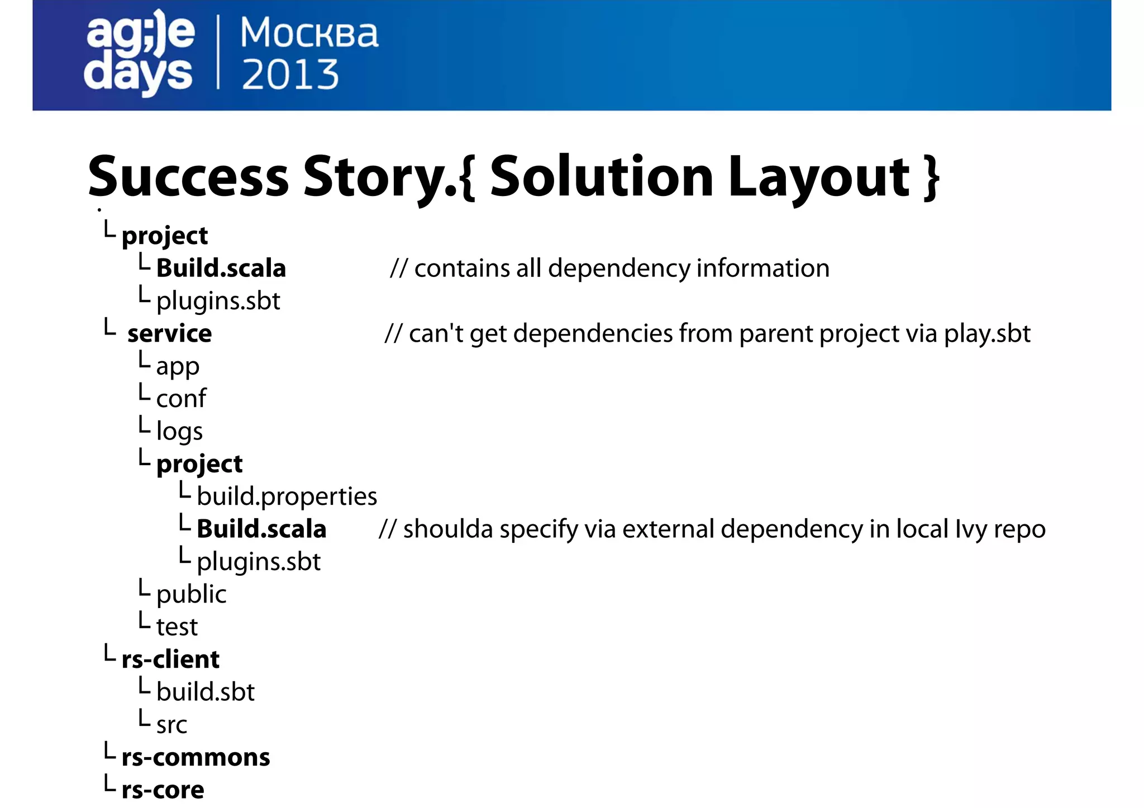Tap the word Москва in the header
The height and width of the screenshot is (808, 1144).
pos(309,34)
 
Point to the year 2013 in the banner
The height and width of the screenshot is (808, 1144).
pos(290,75)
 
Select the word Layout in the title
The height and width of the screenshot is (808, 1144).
pos(819,178)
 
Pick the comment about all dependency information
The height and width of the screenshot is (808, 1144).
pos(609,269)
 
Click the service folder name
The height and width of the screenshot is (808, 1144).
pos(169,334)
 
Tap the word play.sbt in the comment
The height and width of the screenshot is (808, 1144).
pos(986,334)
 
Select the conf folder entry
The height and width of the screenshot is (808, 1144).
pos(181,399)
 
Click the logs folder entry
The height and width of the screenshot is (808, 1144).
pos(179,432)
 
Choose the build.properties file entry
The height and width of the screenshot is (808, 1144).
pos(287,496)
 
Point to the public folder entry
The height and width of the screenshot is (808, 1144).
pos(191,594)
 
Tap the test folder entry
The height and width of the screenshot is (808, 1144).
pos(177,627)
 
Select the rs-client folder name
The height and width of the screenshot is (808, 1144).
pos(170,659)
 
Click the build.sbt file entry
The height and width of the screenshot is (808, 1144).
pos(205,692)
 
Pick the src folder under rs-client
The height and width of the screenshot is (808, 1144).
pos(171,725)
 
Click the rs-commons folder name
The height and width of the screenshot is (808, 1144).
pos(196,758)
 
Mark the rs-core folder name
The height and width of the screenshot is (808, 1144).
pos(163,790)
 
